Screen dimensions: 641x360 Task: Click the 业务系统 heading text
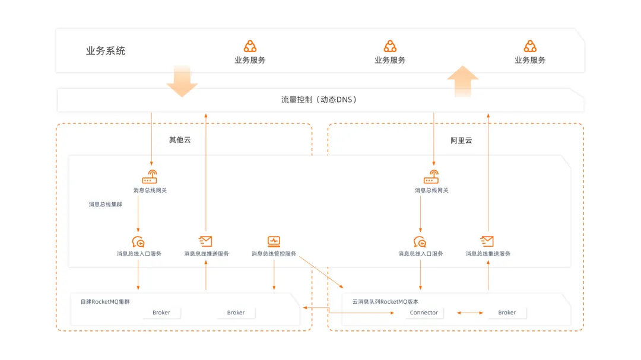[x=106, y=51]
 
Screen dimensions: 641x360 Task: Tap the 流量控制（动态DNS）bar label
[x=319, y=100]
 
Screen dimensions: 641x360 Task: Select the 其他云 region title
[x=180, y=140]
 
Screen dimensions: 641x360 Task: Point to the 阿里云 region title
[x=461, y=141]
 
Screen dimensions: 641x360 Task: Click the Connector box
[x=424, y=313]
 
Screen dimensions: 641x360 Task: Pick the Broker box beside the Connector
[x=507, y=313]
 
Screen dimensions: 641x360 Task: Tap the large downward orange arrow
[x=182, y=81]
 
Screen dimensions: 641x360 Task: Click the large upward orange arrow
[x=463, y=81]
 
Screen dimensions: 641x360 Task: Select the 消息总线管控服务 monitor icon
[x=274, y=241]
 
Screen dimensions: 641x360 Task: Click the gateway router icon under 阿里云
[x=431, y=177]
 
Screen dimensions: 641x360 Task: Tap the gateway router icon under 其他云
[x=150, y=177]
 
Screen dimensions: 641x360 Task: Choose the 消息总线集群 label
[x=106, y=204]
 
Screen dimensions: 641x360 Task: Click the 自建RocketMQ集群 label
[x=105, y=301]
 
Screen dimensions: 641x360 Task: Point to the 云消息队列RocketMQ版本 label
[x=386, y=301]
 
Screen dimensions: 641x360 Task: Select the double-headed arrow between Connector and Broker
[x=470, y=313]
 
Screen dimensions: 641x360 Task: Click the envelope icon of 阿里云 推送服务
[x=487, y=241]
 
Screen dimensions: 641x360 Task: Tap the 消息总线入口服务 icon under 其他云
[x=138, y=242]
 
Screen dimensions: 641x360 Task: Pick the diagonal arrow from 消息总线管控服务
[x=321, y=272]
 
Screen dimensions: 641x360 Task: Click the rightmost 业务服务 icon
[x=530, y=46]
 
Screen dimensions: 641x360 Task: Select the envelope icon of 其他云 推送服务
[x=205, y=241]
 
